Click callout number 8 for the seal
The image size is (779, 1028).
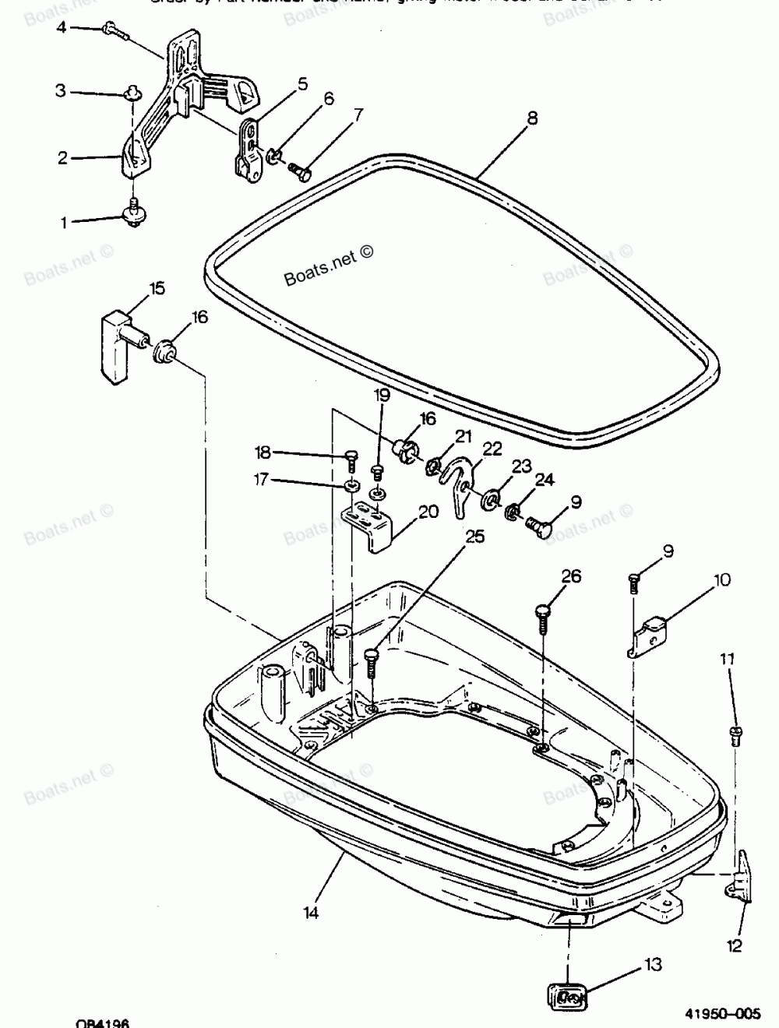point(531,118)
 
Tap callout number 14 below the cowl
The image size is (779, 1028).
point(312,912)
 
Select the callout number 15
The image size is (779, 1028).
point(157,289)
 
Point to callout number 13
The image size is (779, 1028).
point(652,965)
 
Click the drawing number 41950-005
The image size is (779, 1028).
point(721,1013)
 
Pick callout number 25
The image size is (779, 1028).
point(474,536)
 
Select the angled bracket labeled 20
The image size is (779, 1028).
point(371,525)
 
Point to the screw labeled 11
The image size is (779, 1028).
point(735,734)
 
